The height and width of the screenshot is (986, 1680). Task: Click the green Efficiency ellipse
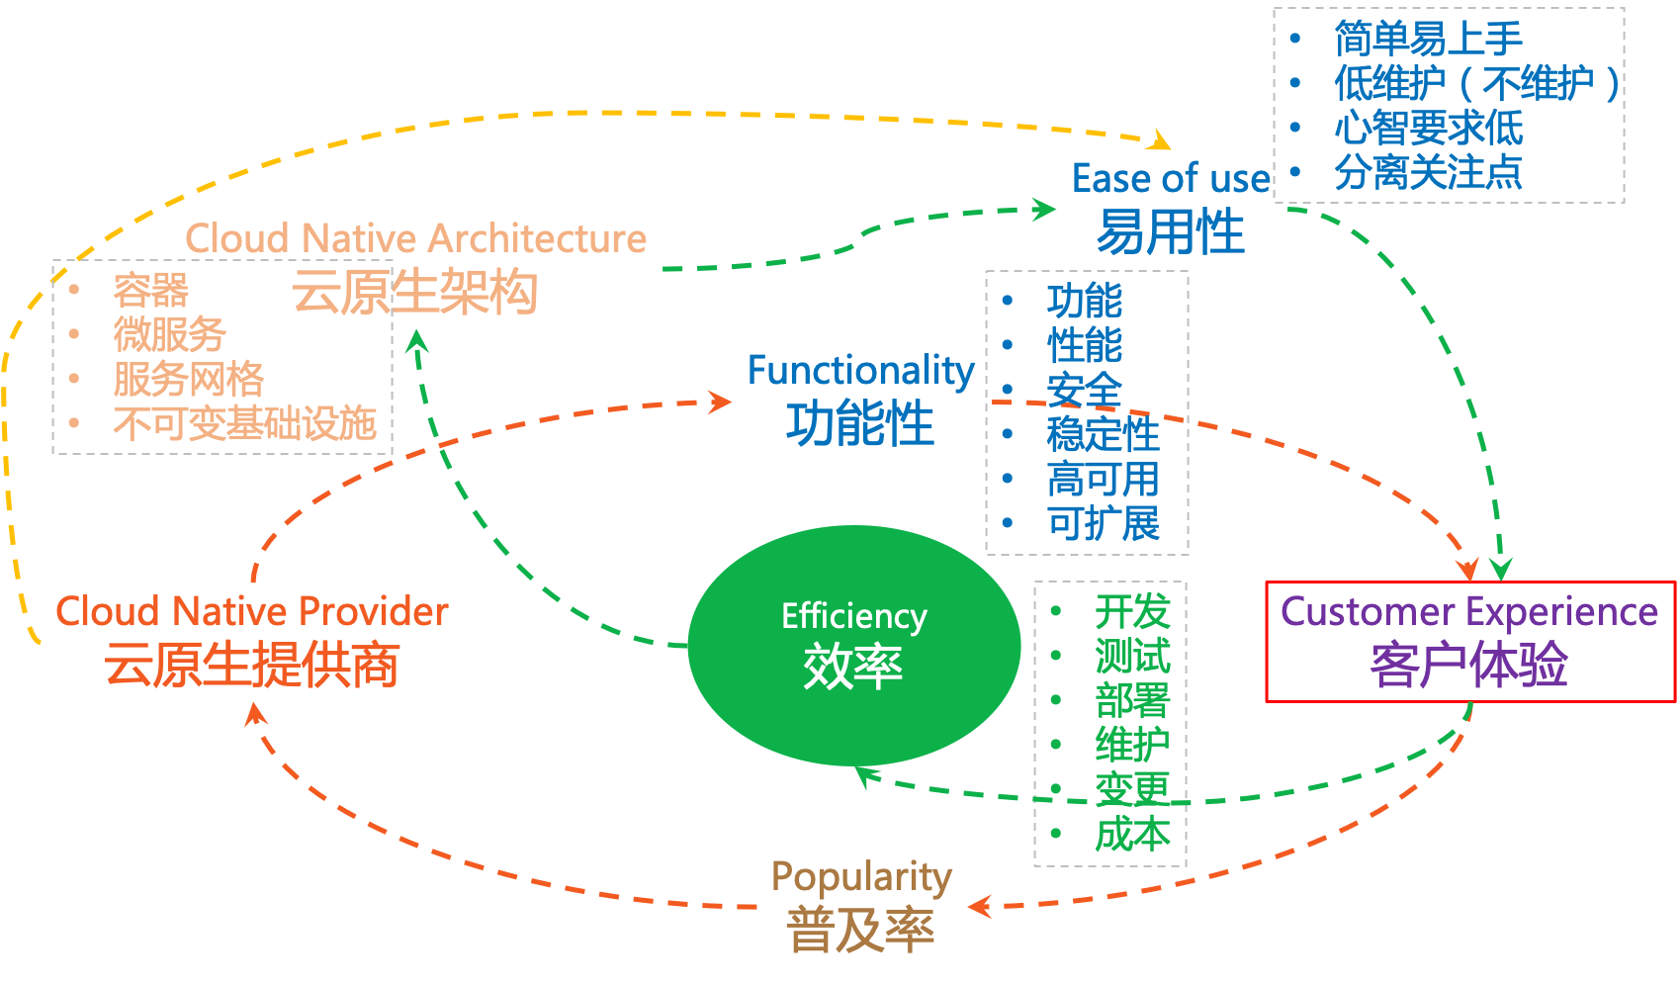pyautogui.click(x=853, y=645)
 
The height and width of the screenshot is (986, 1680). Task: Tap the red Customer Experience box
pyautogui.click(x=1469, y=642)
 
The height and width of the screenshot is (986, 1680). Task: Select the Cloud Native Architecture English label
pyautogui.click(x=415, y=238)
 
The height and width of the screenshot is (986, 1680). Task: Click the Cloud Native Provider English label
pyautogui.click(x=251, y=611)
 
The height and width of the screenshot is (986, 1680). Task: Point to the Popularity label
pyautogui.click(x=861, y=876)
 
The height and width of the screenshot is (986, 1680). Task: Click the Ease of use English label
pyautogui.click(x=1171, y=179)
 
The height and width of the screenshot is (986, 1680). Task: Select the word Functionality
pyautogui.click(x=860, y=370)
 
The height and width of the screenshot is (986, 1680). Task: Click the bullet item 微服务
pyautogui.click(x=170, y=334)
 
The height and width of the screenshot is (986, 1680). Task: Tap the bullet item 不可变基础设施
pyautogui.click(x=244, y=423)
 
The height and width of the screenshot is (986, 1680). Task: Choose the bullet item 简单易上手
pyautogui.click(x=1428, y=39)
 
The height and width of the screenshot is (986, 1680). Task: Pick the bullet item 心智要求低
pyautogui.click(x=1428, y=128)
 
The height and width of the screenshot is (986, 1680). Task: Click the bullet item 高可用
pyautogui.click(x=1103, y=480)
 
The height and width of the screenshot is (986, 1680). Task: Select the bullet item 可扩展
pyautogui.click(x=1103, y=523)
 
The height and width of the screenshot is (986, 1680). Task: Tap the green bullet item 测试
pyautogui.click(x=1132, y=656)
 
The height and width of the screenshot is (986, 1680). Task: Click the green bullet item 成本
pyautogui.click(x=1132, y=834)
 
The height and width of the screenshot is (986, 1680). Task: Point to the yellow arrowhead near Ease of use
pyautogui.click(x=1158, y=140)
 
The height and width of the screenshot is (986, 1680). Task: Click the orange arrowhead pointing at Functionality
pyautogui.click(x=721, y=401)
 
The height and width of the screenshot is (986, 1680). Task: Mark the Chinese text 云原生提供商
pyautogui.click(x=251, y=665)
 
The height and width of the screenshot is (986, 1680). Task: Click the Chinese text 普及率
pyautogui.click(x=860, y=931)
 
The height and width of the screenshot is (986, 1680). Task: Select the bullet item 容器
pyautogui.click(x=150, y=291)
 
